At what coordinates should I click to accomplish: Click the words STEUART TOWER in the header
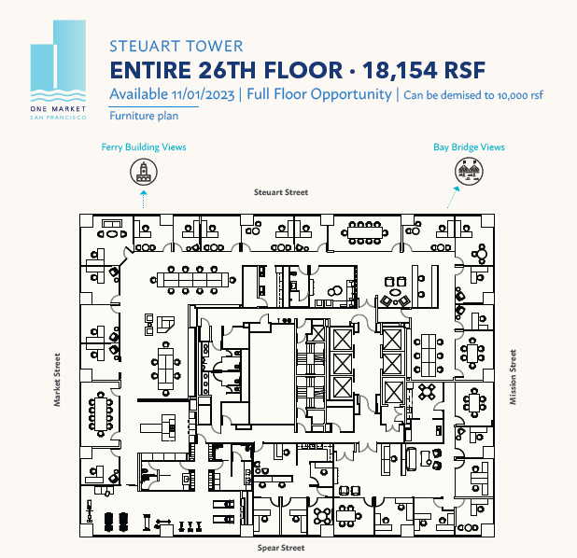(x=176, y=46)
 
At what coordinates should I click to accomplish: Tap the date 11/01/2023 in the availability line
(x=203, y=95)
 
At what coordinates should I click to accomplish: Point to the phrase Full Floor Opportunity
(x=319, y=95)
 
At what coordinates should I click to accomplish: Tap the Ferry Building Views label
(x=144, y=147)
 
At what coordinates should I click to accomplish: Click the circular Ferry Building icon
(x=144, y=171)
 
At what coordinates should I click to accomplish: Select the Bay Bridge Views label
(x=469, y=147)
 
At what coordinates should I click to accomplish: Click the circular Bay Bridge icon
(x=467, y=171)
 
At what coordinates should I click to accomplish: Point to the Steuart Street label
(x=281, y=191)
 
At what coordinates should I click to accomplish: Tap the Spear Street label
(x=281, y=549)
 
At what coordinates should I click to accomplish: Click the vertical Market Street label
(x=57, y=380)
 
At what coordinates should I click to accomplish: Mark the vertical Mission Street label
(x=513, y=377)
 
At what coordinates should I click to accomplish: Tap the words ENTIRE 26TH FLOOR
(x=219, y=70)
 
